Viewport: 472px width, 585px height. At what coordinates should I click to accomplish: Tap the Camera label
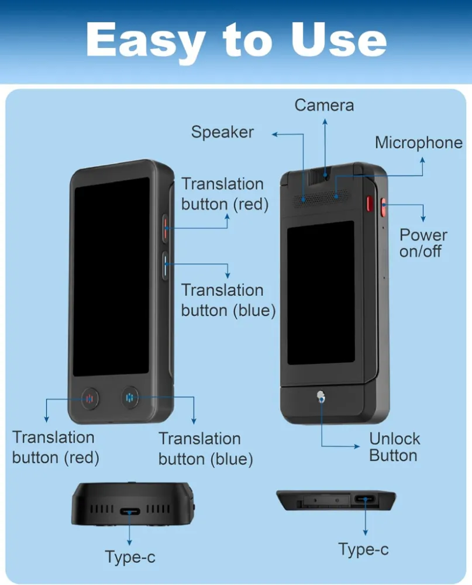coord(324,105)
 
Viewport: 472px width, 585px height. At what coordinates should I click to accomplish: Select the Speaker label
coord(222,132)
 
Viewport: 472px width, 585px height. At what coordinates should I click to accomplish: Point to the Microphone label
coord(418,143)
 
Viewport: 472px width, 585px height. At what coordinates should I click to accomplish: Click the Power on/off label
coord(423,243)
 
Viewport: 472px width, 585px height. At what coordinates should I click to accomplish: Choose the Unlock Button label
coord(394,447)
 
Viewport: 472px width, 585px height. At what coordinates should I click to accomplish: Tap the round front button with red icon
coord(89,399)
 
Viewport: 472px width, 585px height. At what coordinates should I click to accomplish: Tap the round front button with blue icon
coord(130,398)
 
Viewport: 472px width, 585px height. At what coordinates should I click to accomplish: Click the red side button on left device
coord(166,227)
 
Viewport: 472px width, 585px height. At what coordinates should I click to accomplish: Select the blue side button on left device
coord(166,264)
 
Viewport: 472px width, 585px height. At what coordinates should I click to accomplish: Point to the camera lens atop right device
coord(326,173)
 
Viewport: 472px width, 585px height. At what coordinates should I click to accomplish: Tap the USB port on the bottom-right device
coord(365,500)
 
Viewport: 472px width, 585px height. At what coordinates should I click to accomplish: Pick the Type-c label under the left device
coord(130,557)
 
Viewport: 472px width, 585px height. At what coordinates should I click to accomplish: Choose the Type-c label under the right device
coord(363,549)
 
